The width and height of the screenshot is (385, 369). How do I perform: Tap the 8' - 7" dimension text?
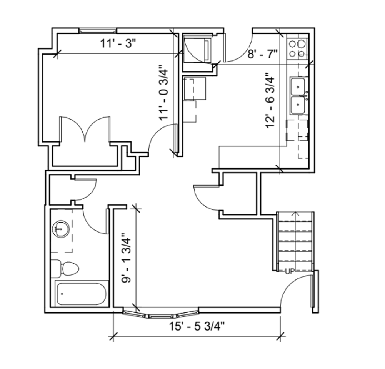point(262,54)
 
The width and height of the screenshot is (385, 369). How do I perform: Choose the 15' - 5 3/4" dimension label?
point(197,327)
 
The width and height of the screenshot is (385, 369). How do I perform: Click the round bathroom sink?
point(60,229)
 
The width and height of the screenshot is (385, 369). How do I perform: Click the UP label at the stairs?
point(290,272)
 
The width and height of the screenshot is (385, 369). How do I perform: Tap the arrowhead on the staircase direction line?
point(295,213)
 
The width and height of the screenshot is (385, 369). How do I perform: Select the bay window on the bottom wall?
point(161,314)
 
